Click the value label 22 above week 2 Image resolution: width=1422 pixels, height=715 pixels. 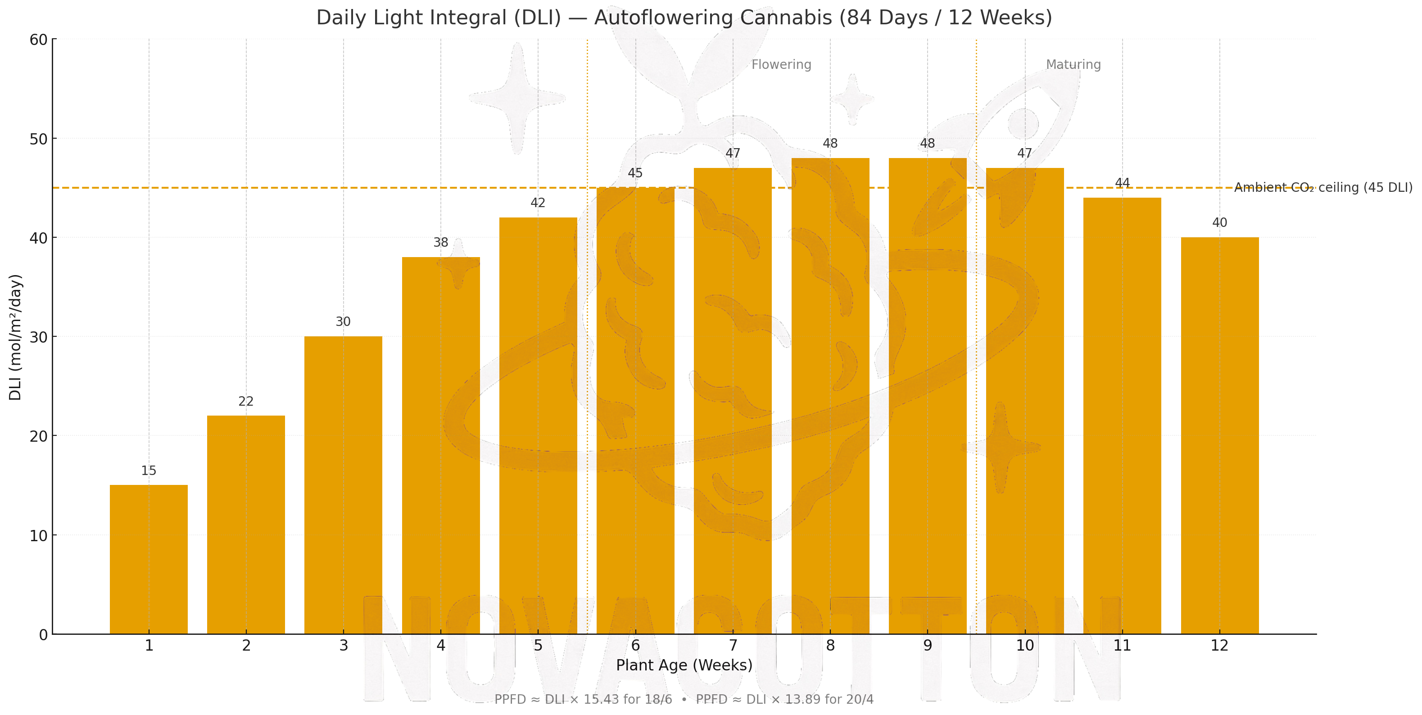click(x=246, y=401)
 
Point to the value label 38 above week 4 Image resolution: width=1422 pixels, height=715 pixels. click(x=440, y=242)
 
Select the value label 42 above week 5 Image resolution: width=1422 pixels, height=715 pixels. click(x=538, y=203)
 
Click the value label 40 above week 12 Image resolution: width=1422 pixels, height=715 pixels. click(x=1219, y=222)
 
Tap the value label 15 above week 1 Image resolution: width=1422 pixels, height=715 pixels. click(x=149, y=471)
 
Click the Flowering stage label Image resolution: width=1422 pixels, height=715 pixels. click(x=781, y=64)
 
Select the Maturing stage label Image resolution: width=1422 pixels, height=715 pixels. click(x=1073, y=64)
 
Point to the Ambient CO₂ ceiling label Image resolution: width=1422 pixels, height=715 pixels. click(x=1322, y=188)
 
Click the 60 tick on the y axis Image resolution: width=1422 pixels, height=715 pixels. click(x=39, y=40)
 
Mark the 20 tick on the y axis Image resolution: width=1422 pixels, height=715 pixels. click(x=39, y=436)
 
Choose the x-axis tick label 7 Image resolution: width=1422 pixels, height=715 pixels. click(x=733, y=645)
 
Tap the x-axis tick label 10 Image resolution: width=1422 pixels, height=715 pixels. click(x=1024, y=645)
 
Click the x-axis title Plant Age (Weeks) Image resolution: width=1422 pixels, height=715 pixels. click(x=684, y=665)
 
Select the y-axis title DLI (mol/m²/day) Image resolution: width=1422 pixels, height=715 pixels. click(x=15, y=337)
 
